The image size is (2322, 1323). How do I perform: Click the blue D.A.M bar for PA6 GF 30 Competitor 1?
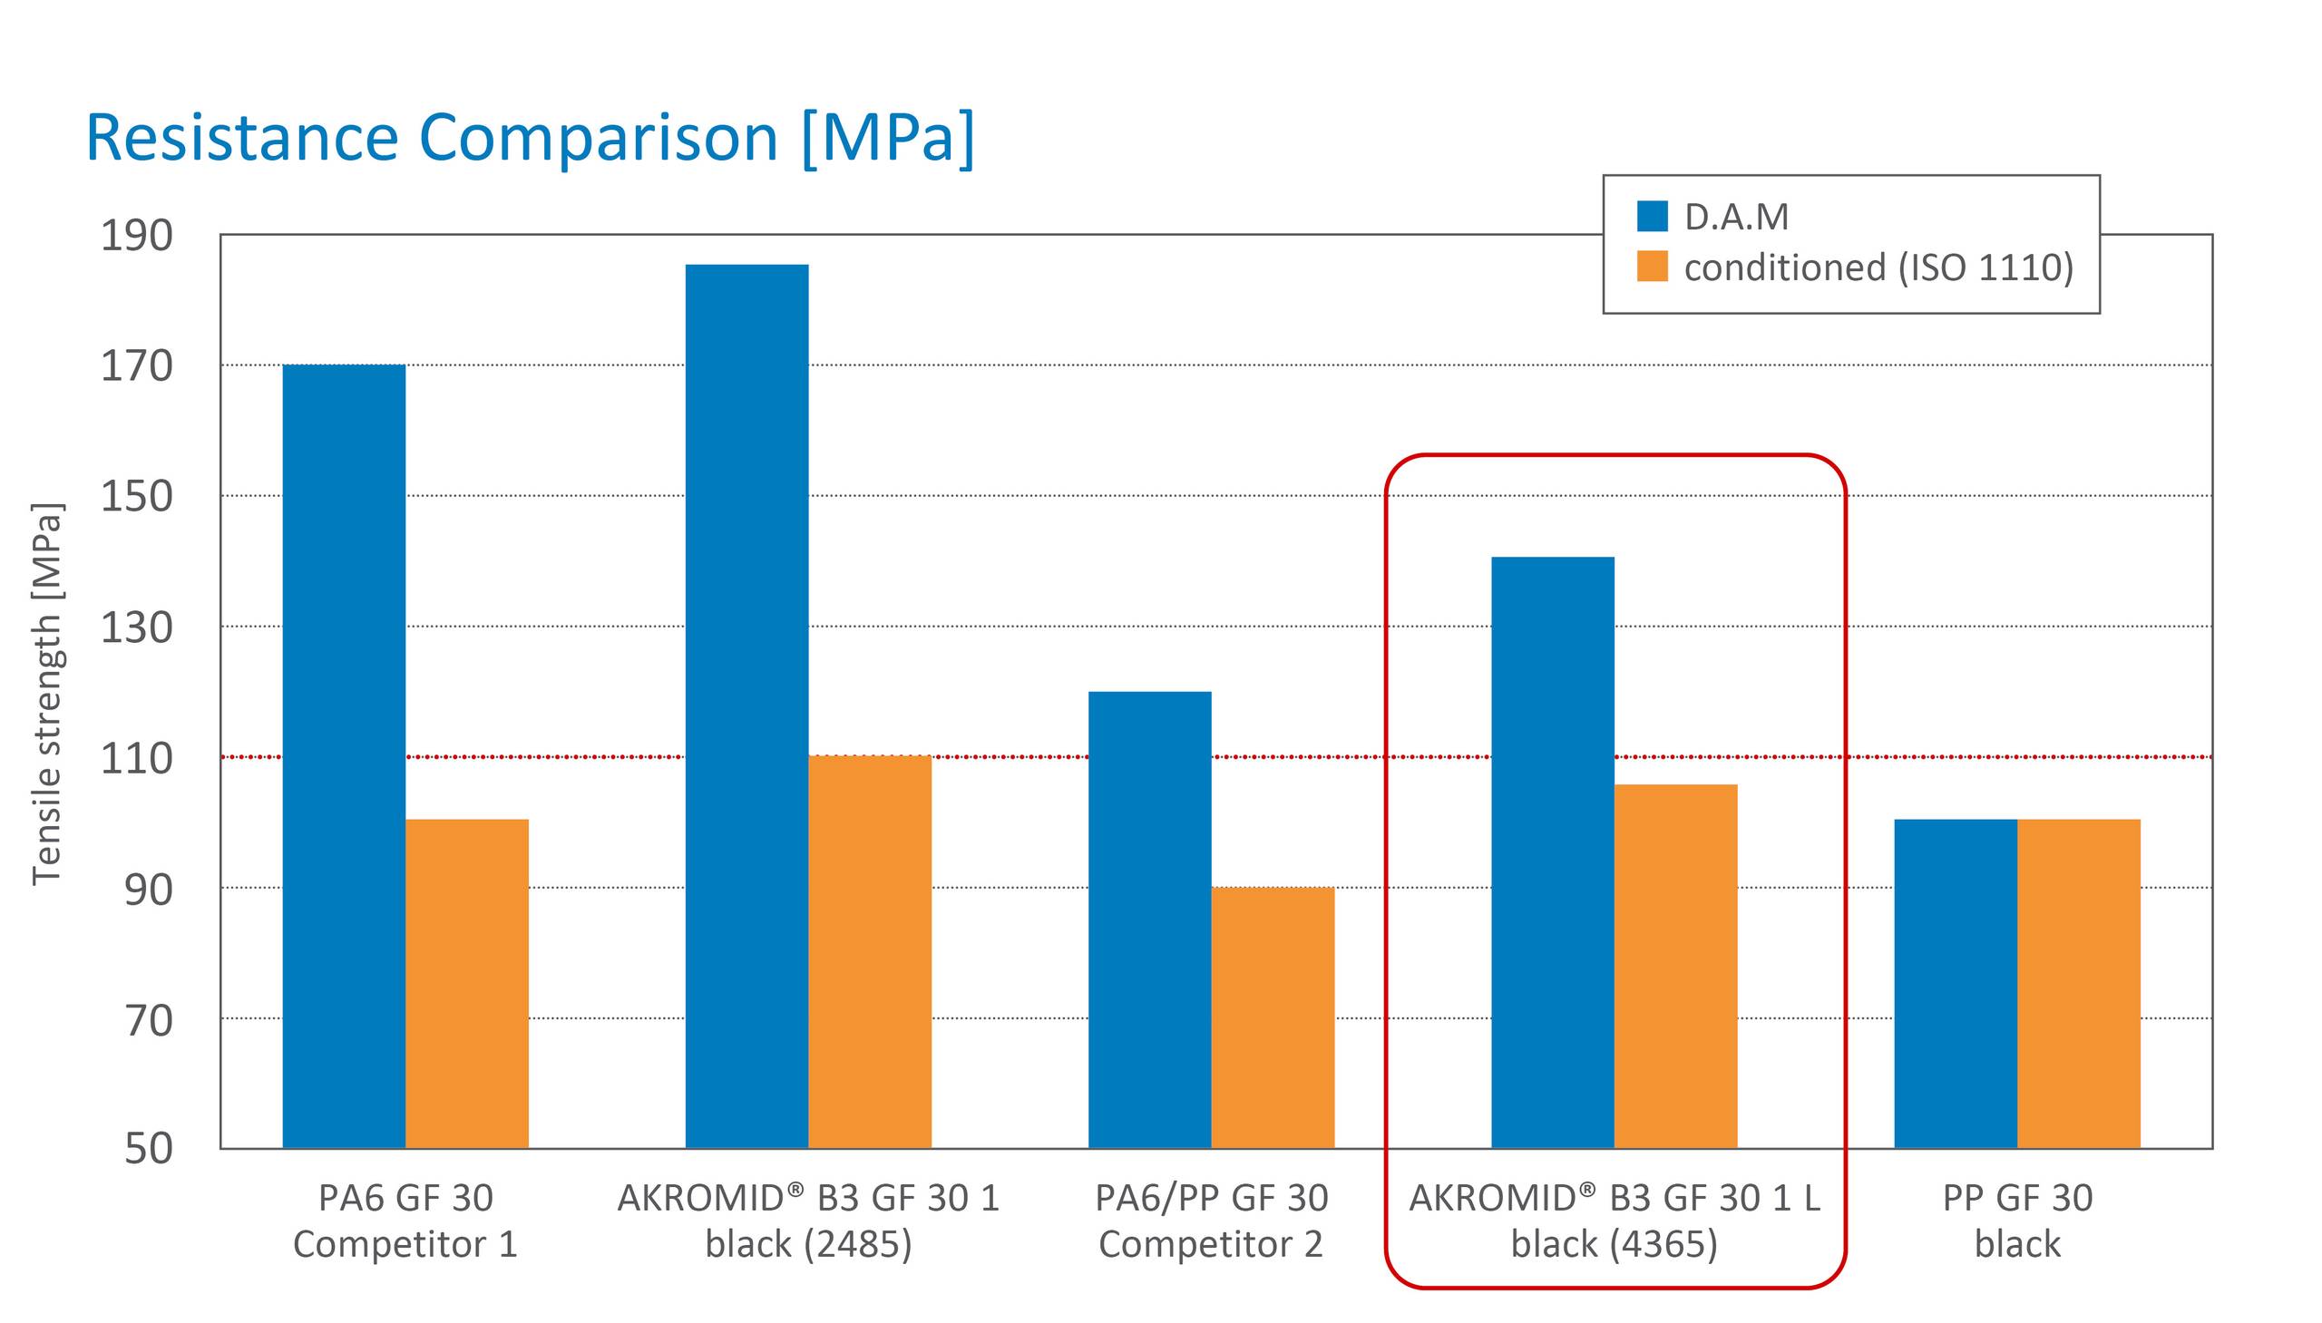pos(344,754)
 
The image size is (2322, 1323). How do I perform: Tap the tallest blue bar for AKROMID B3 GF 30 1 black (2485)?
pos(746,705)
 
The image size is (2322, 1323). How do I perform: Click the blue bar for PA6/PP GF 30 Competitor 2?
pos(1149,919)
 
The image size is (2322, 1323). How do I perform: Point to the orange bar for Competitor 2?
pos(1273,1017)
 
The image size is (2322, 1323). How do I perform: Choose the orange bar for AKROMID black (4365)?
pos(1675,965)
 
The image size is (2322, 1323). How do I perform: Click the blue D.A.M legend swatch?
pos(1652,216)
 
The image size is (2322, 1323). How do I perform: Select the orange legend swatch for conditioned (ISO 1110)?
pos(1652,267)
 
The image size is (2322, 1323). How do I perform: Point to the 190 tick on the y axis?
pos(136,236)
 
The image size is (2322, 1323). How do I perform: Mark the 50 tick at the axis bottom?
pos(148,1149)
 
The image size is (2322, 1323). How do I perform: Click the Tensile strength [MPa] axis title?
pos(46,693)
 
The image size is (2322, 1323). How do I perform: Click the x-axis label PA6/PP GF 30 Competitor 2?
pos(1211,1221)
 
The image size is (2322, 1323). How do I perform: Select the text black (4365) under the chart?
pos(1614,1244)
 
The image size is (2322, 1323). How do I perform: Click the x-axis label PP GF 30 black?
pos(2016,1221)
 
